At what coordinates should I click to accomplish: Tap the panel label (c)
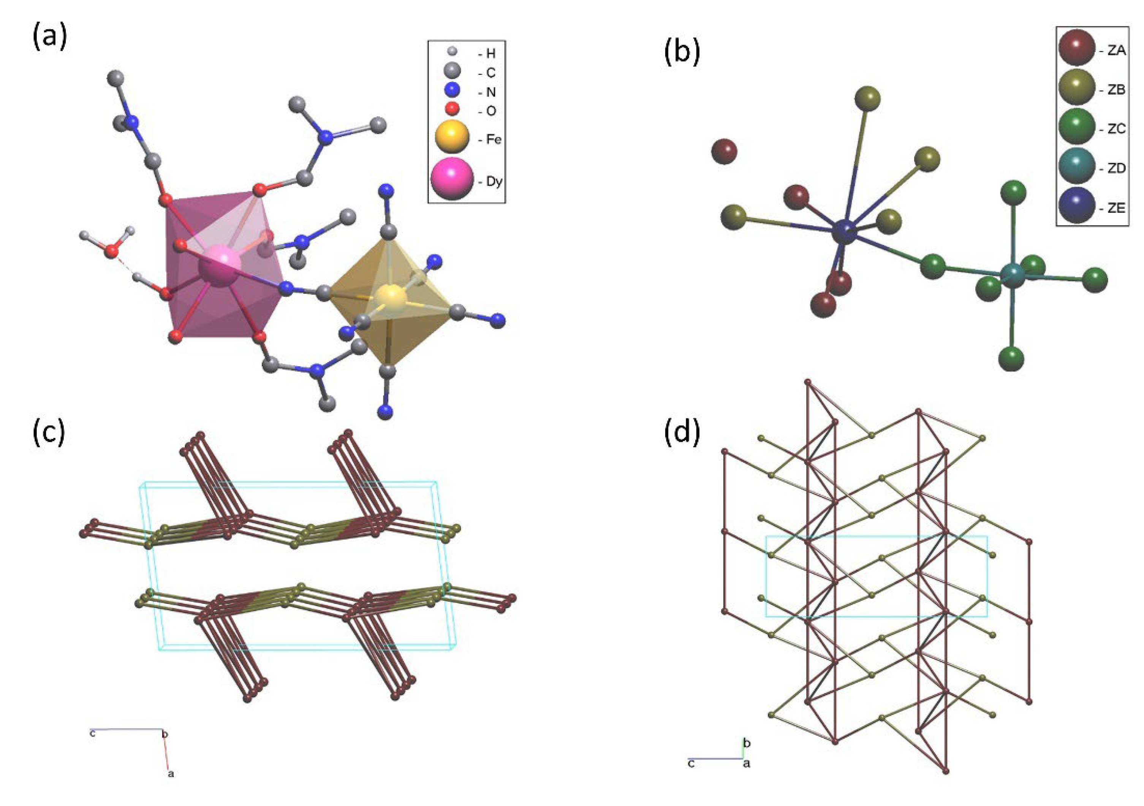tap(48, 432)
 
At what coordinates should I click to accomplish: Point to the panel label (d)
tap(682, 432)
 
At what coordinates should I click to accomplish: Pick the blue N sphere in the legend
tap(451, 91)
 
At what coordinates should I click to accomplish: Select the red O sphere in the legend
tap(451, 109)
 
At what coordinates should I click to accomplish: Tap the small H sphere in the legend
tap(451, 51)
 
